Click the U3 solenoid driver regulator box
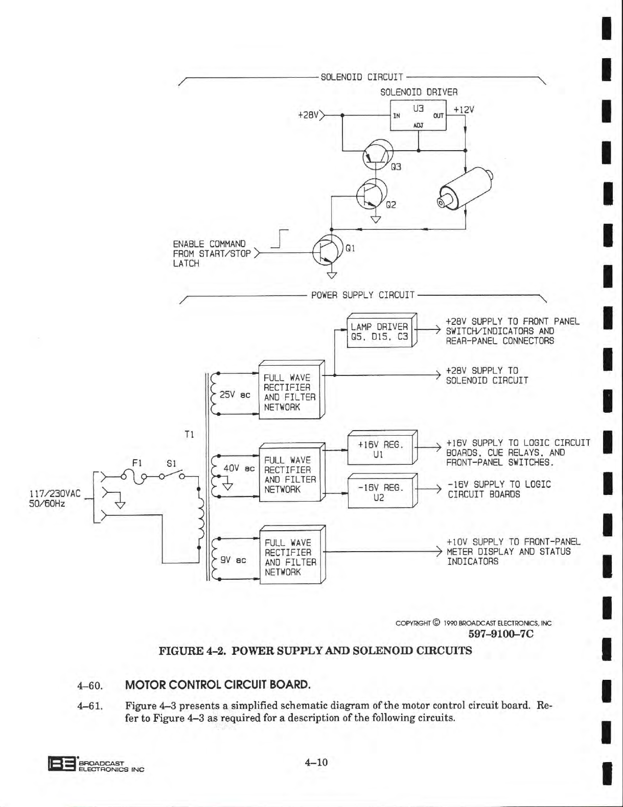pos(418,115)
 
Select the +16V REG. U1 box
pos(380,449)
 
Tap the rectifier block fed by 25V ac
pos(290,392)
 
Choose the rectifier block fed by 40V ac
pos(290,474)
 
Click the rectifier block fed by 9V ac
pos(290,557)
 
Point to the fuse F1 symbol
pos(136,477)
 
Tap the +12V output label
pos(464,110)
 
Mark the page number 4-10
pos(316,763)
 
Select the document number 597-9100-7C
pos(500,634)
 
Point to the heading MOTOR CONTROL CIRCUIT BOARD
pos(218,684)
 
